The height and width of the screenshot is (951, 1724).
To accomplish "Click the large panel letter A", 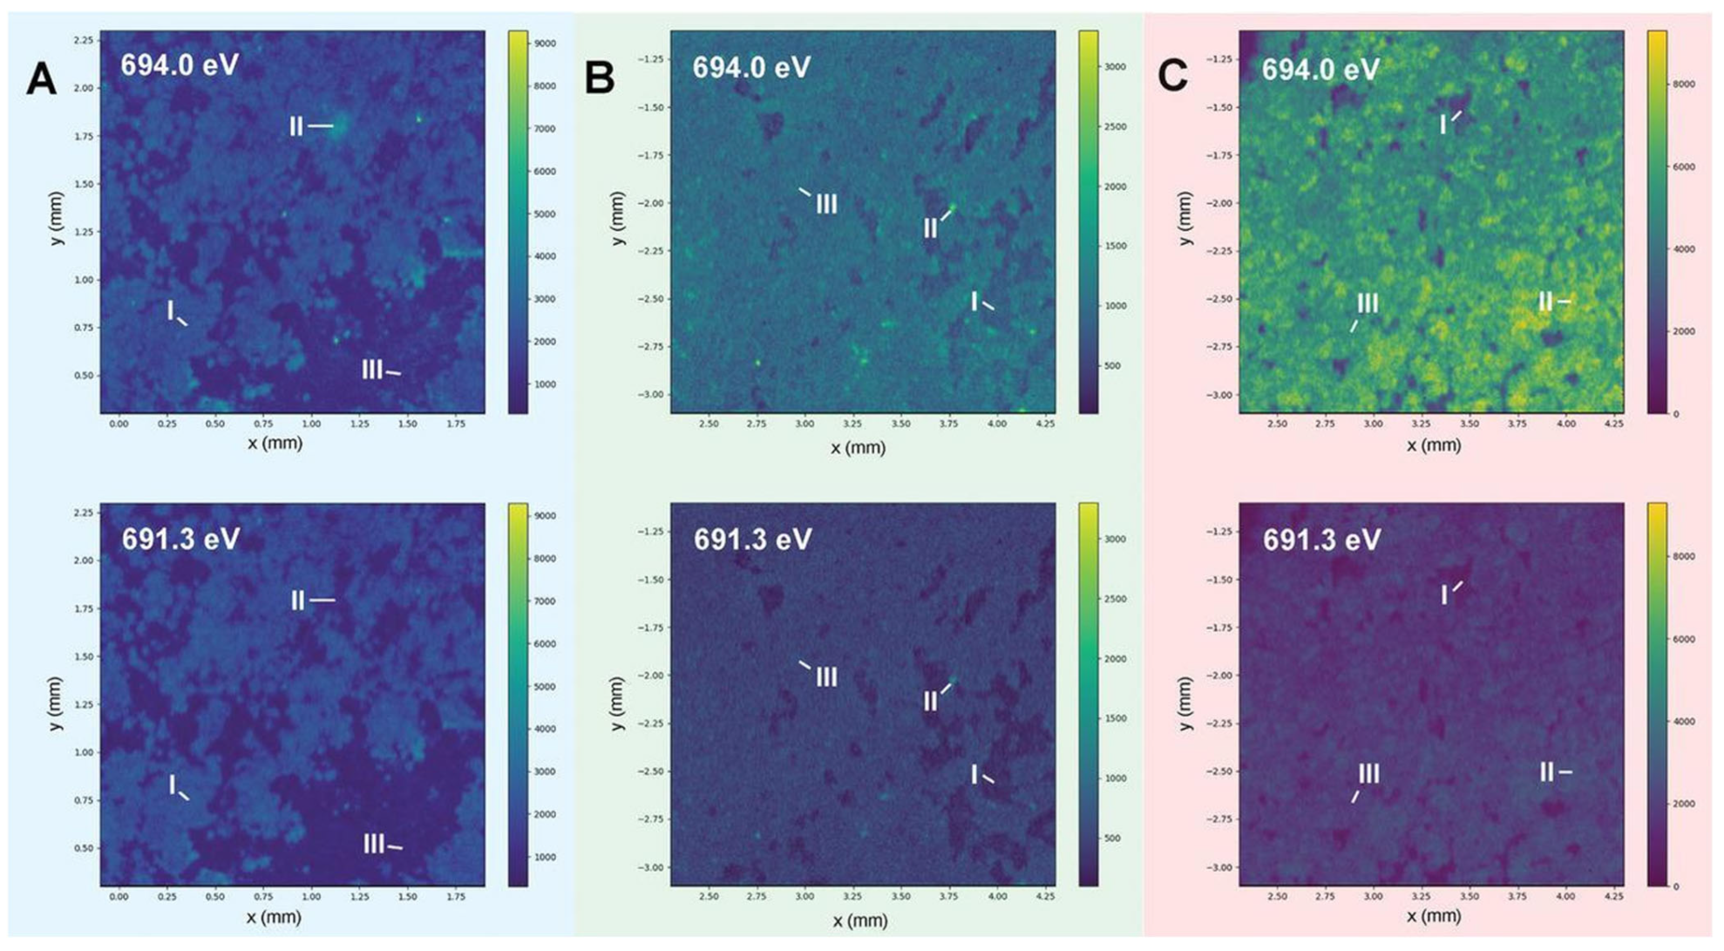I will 41,79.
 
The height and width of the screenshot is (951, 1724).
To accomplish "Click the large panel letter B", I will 599,78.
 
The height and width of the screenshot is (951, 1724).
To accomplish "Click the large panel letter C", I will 1172,77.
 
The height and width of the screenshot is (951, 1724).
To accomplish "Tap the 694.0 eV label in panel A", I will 180,65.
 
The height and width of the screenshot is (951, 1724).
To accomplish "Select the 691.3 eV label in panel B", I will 753,540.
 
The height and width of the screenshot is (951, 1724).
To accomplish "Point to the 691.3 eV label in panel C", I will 1322,540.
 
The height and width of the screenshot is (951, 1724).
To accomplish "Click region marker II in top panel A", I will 296,127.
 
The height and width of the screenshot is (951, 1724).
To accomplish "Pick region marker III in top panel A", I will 372,370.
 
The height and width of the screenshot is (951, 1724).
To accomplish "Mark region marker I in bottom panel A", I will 173,785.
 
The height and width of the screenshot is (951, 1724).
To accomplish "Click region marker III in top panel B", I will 826,205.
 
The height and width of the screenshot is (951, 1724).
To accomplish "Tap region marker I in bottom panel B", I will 974,774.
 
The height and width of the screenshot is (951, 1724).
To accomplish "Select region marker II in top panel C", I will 1545,302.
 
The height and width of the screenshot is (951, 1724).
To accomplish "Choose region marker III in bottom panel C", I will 1368,774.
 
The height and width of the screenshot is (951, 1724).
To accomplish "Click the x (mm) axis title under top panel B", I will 858,448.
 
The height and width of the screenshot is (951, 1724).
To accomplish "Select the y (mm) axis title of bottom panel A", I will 58,703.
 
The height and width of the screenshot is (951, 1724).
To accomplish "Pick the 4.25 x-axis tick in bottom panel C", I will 1613,896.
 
